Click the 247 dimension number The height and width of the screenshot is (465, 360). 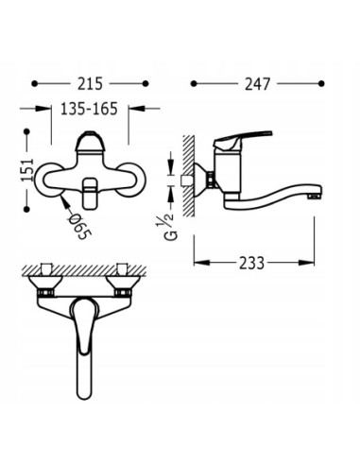[x=254, y=83]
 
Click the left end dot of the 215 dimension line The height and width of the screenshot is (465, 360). [x=35, y=83]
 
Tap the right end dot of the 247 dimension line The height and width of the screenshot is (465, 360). [x=320, y=83]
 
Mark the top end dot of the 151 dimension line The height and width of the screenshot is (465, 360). [x=26, y=131]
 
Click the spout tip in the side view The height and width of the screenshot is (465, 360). [x=316, y=195]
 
